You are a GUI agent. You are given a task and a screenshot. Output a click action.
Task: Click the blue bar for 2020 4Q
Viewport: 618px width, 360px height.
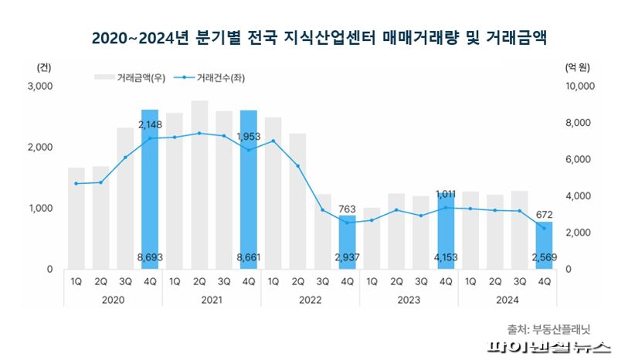150,193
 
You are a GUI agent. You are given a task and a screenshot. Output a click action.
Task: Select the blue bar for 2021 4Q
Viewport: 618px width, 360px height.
248,193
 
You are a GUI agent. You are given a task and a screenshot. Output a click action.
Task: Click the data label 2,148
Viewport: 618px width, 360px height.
150,124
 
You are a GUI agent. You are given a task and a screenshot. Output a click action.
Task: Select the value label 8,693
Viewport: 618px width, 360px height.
150,257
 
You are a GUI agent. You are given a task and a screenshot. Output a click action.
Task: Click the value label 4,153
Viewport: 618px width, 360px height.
446,257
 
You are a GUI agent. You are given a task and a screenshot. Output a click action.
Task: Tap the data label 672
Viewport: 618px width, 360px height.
544,214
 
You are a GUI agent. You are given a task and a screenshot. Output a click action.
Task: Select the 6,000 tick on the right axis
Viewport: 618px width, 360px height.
576,160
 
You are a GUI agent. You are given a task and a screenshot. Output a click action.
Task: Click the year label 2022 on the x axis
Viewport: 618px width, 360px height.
310,299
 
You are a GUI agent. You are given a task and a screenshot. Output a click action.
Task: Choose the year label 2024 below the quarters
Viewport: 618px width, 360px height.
507,299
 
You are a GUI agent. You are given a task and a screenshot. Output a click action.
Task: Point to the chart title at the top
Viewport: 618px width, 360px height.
309,36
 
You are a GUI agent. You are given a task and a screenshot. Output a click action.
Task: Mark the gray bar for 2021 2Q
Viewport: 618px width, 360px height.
199,185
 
